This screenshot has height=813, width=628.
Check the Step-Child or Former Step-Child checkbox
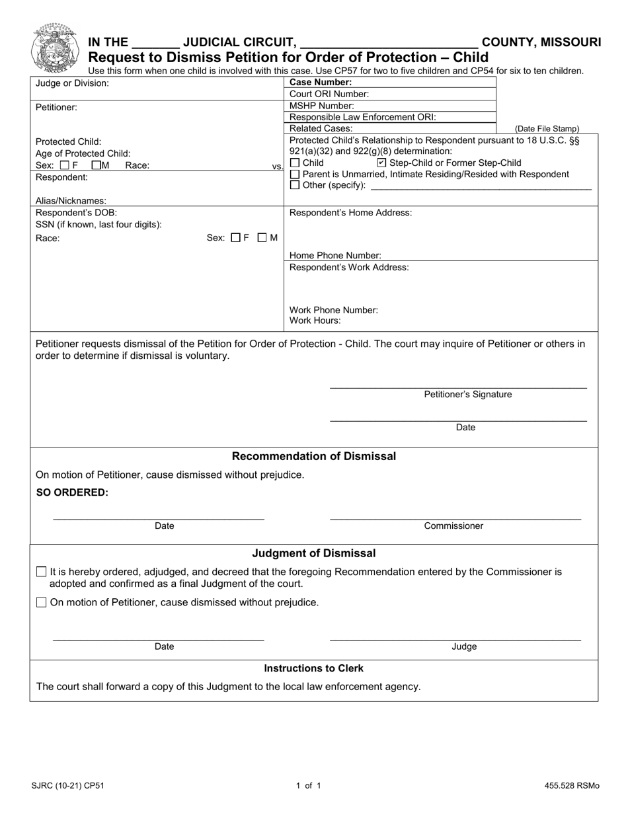(x=381, y=163)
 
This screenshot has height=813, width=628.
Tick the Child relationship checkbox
(x=295, y=163)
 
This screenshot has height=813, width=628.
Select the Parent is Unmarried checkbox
(x=295, y=174)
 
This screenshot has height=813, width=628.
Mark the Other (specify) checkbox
(x=295, y=185)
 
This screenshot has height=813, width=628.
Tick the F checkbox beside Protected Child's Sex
(x=64, y=165)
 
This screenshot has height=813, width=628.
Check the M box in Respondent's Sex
(x=262, y=238)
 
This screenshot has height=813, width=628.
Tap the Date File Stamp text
(x=547, y=129)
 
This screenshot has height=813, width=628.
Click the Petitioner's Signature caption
(x=467, y=395)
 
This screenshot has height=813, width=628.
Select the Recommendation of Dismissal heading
(x=314, y=456)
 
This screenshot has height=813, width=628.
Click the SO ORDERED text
(x=72, y=492)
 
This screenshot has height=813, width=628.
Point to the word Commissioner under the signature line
(x=453, y=526)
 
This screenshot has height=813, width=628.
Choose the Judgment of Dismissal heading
(x=314, y=553)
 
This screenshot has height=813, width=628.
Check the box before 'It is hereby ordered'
(x=42, y=572)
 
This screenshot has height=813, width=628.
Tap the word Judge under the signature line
(x=464, y=647)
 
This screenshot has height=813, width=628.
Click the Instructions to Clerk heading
(x=314, y=668)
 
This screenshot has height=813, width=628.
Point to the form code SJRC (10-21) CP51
(x=67, y=787)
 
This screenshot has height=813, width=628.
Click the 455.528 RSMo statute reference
(x=572, y=787)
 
